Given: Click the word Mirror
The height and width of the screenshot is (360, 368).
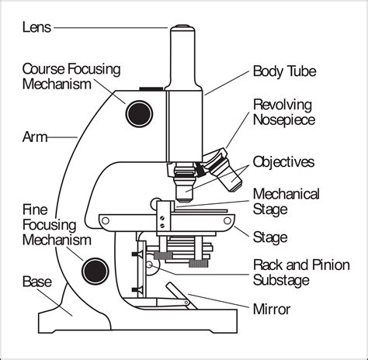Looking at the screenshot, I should pyautogui.click(x=272, y=309).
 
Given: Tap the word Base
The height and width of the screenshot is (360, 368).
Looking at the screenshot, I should pyautogui.click(x=39, y=280).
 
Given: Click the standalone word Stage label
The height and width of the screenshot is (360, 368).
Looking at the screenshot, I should pyautogui.click(x=271, y=237).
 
